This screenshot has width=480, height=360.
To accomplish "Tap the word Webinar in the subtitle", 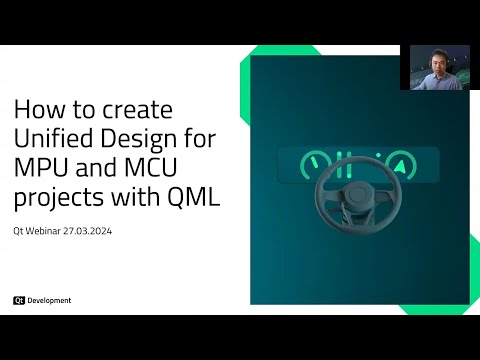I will tap(49, 227).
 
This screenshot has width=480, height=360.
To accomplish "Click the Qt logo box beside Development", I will tap(19, 300).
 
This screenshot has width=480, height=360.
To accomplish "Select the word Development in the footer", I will tap(49, 300).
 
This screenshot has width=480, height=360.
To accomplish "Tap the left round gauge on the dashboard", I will tap(312, 161).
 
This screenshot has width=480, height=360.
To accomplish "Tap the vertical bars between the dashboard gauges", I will tap(345, 160).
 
